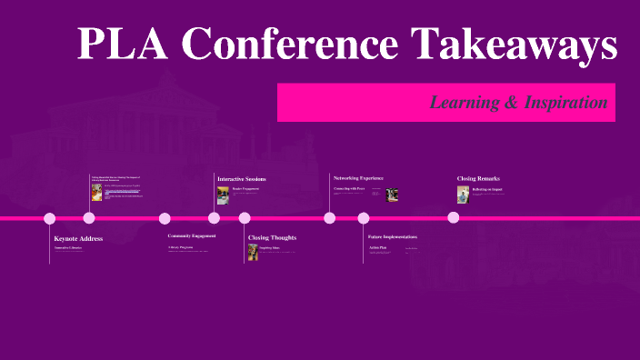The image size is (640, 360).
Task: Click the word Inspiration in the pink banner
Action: tap(562, 103)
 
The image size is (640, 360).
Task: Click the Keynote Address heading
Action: tap(78, 238)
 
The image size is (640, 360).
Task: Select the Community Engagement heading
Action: tap(192, 236)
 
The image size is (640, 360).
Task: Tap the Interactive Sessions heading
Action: tap(242, 179)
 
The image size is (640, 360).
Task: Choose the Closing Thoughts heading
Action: tap(272, 238)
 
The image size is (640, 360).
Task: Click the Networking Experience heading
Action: tap(358, 177)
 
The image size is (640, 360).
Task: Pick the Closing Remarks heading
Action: tap(478, 178)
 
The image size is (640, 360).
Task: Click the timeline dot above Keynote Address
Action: tap(50, 218)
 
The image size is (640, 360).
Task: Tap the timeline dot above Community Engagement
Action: tap(165, 218)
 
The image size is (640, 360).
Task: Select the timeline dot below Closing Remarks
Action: tap(454, 217)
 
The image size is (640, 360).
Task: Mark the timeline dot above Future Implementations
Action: tap(364, 218)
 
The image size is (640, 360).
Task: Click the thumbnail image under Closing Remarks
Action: tap(463, 195)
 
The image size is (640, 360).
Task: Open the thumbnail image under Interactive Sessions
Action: tap(223, 195)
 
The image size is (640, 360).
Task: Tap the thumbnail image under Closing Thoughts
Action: tap(253, 252)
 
